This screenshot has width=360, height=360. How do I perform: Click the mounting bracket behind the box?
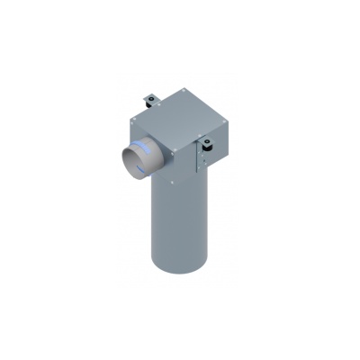click(x=150, y=94)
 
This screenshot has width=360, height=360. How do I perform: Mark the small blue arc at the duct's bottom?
click(x=133, y=177)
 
